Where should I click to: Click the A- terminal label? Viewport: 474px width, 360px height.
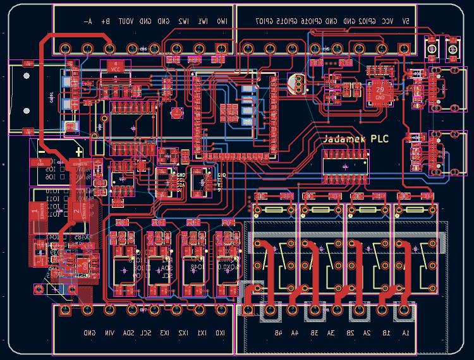tap(88, 21)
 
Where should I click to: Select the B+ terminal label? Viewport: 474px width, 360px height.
tap(106, 21)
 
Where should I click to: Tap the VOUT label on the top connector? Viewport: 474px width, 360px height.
tap(126, 21)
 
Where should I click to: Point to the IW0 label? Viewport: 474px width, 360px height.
tap(222, 21)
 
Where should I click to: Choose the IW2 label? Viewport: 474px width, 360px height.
tap(183, 21)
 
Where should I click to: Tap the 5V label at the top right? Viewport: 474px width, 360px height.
tap(405, 21)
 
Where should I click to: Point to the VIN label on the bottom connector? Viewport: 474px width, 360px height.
tap(109, 333)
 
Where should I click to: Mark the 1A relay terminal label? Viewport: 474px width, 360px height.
tap(404, 333)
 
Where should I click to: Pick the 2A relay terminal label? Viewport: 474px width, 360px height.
tap(367, 333)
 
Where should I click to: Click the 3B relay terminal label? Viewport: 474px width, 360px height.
tap(313, 333)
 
